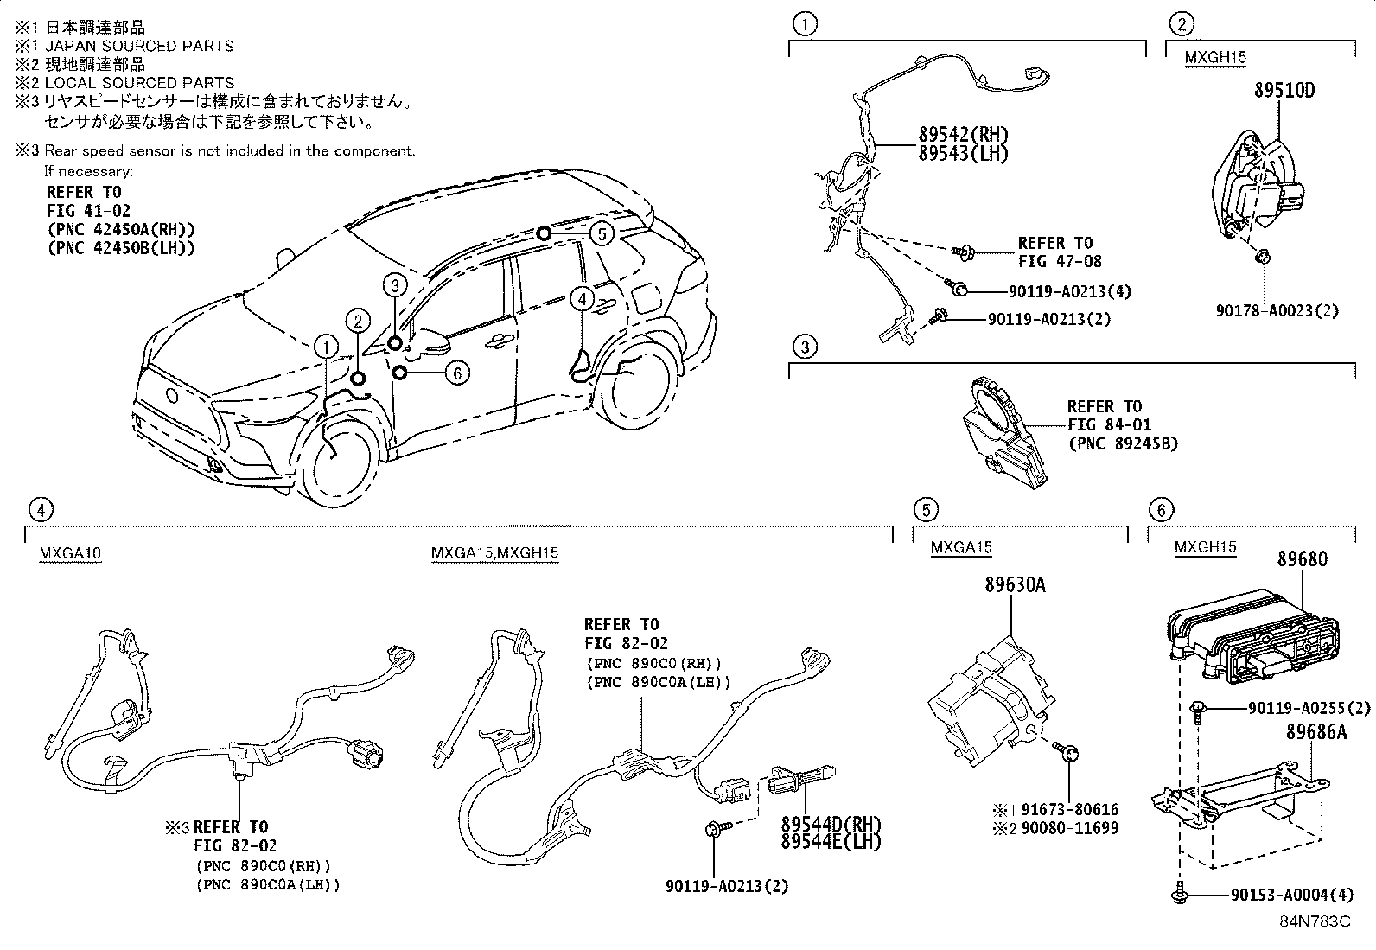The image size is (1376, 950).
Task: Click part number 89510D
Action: coord(1284,91)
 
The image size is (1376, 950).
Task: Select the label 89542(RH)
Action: coord(963,136)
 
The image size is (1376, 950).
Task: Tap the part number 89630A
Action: coord(1014,585)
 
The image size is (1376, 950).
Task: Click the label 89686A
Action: coord(1315,732)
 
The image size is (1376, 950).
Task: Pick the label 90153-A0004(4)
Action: coord(1291,896)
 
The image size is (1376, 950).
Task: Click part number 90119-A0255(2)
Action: coord(1309,708)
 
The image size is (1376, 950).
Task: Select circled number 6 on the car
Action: coord(456,373)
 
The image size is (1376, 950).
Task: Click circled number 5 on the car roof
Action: coord(602,233)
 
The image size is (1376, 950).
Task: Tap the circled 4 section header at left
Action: coord(40,509)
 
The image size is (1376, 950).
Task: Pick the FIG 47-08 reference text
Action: coord(1059,260)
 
